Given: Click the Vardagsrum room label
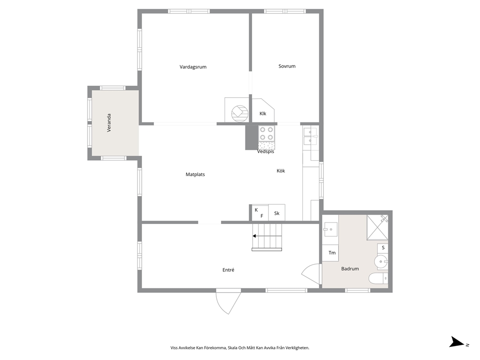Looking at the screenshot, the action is (x=193, y=67).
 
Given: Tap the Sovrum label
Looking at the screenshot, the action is (x=287, y=66).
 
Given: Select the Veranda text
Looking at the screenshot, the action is (x=109, y=123).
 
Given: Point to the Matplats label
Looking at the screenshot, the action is (x=195, y=175).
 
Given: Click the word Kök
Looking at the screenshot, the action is (x=281, y=171).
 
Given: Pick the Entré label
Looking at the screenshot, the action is (x=228, y=270).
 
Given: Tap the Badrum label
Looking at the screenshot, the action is (x=350, y=269).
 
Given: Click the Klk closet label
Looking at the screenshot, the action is (x=263, y=114).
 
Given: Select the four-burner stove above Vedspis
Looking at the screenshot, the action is (x=266, y=134).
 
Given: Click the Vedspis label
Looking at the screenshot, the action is (x=266, y=151).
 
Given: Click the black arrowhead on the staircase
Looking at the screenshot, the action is (x=254, y=236).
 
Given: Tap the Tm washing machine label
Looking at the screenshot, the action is (x=332, y=253).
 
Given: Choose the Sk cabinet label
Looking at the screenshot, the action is (x=277, y=213).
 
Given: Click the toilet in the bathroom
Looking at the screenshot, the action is (x=378, y=279).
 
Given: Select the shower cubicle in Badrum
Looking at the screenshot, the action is (x=377, y=227).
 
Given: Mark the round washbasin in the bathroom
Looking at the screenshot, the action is (x=380, y=261).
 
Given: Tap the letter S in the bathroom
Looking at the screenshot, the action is (x=383, y=248).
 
